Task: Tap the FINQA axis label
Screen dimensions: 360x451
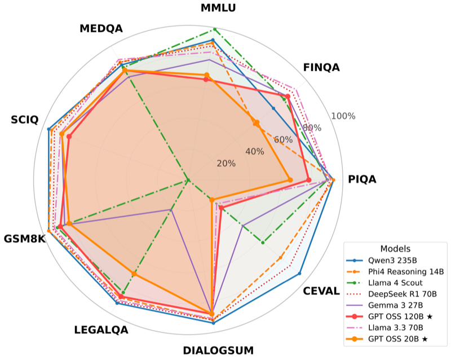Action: [x=321, y=68]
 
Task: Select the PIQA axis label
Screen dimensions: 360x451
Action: [x=362, y=179]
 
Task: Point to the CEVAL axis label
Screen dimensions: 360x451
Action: [x=321, y=291]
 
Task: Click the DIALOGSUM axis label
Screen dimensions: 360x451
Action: [x=218, y=350]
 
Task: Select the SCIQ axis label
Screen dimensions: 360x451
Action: [x=25, y=120]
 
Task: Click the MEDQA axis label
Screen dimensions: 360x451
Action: [x=101, y=29]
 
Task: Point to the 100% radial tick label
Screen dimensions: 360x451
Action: [x=343, y=116]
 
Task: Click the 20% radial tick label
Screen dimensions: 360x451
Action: [x=227, y=164]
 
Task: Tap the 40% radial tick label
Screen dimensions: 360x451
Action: [x=254, y=151]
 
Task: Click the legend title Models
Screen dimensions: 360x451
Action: [x=395, y=249]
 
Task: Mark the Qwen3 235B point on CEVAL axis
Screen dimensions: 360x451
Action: [x=299, y=273]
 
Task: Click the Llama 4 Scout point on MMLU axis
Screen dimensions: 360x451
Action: [x=214, y=29]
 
